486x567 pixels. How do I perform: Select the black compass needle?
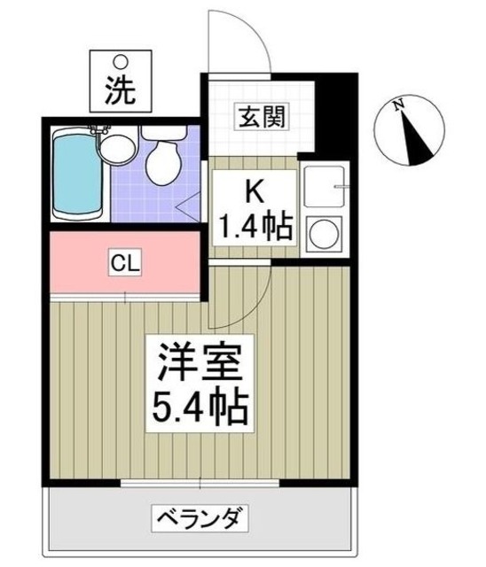413,133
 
